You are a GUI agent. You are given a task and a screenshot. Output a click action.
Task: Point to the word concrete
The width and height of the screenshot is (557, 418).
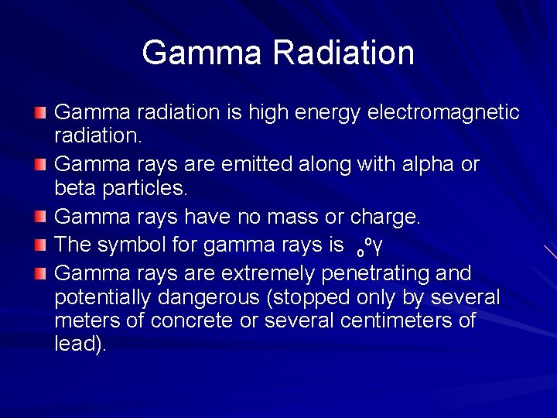pyautogui.click(x=193, y=320)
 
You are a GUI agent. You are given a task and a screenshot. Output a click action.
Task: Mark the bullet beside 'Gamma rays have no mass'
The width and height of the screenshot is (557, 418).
pyautogui.click(x=40, y=218)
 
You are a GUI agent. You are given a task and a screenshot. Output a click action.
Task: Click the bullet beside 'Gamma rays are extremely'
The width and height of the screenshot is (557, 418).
pyautogui.click(x=40, y=274)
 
